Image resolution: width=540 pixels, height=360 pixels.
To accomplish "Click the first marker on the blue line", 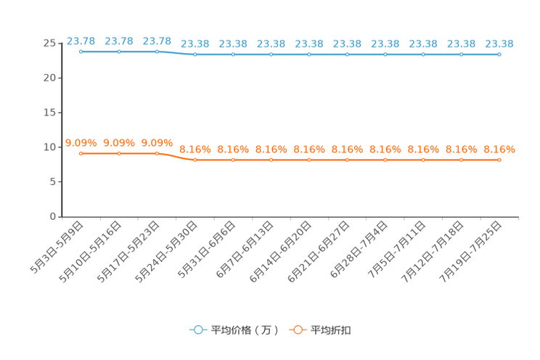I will coord(81,52).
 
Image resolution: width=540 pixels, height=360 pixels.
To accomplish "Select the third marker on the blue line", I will coord(157,52).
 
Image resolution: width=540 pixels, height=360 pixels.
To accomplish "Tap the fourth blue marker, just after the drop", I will coord(195,54).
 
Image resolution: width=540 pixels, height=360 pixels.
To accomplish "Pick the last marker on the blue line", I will coord(499,54).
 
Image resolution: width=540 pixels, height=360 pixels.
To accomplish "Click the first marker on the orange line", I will coord(81,153).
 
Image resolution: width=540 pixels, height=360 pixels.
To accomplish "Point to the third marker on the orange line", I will coord(157,153).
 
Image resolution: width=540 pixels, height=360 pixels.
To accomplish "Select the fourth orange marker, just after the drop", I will coord(195,159).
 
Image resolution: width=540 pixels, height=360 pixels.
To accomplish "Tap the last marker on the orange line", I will coord(499,159).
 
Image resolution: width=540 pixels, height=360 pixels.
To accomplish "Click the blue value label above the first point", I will coord(81,41).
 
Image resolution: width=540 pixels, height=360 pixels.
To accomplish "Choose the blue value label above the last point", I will coord(499,44).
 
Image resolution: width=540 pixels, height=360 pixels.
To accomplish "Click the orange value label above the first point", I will coord(81,143).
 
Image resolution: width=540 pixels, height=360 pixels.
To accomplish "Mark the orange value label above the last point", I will coord(499,149).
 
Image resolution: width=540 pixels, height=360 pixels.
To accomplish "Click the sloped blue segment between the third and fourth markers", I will coord(176,53).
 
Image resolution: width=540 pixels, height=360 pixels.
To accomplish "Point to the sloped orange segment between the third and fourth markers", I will coord(176,156).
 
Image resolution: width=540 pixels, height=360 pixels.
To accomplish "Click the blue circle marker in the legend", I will coord(197,330).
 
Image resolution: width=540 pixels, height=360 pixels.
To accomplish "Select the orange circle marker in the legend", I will coord(297,330).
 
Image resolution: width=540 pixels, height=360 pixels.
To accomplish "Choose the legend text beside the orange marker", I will coord(331,330).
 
